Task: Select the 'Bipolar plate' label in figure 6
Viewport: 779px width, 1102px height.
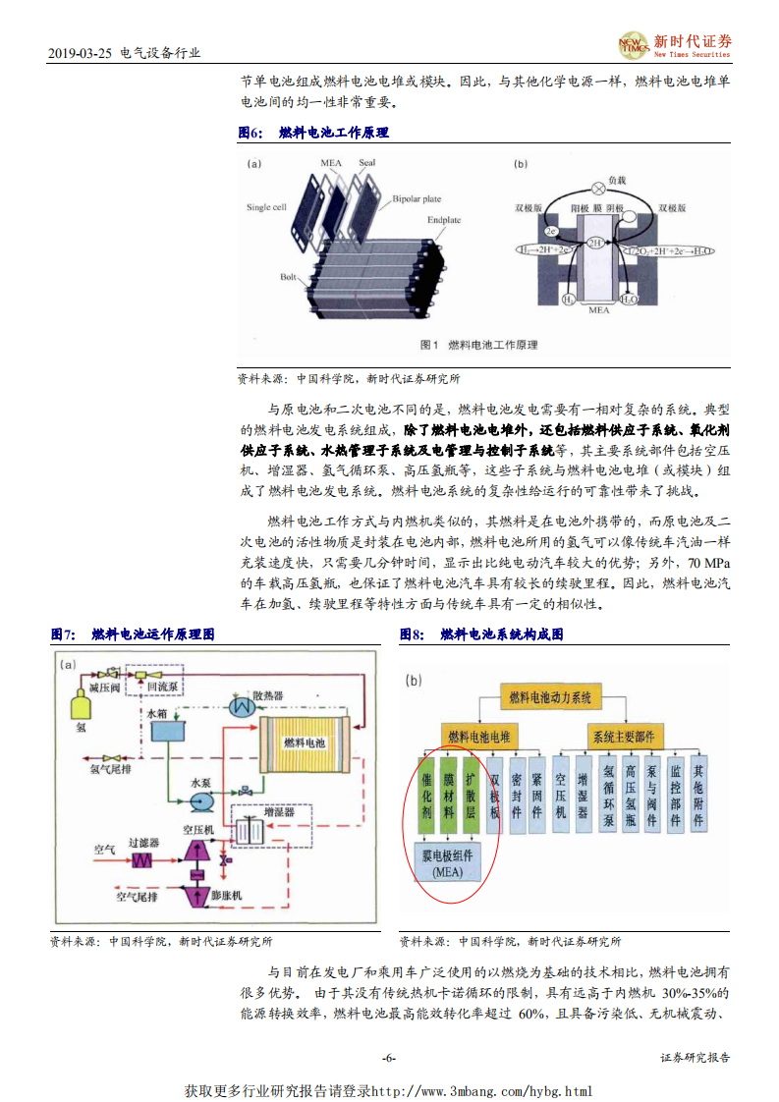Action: pos(417,199)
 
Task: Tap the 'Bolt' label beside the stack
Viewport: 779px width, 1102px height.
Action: pos(287,278)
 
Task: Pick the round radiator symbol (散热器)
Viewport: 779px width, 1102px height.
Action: pos(239,706)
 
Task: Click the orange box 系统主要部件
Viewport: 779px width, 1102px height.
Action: pos(622,735)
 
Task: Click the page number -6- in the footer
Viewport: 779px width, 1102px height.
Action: pos(388,1058)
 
